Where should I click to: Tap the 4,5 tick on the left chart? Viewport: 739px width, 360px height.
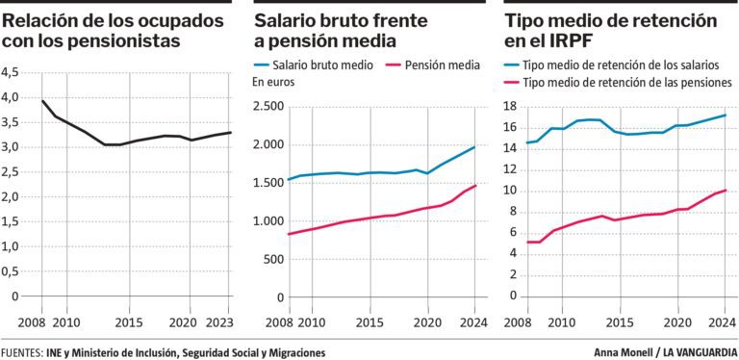click(x=10, y=72)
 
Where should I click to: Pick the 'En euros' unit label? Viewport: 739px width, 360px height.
click(x=273, y=82)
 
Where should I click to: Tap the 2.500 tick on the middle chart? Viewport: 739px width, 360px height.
click(x=269, y=107)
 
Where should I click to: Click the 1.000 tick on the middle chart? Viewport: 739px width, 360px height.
click(x=269, y=221)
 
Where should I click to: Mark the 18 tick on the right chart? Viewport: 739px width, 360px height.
click(x=511, y=107)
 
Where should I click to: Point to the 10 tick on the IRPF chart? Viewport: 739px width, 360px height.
click(x=511, y=192)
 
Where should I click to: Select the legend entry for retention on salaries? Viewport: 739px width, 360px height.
click(x=612, y=65)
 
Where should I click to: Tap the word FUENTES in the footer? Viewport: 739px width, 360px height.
click(x=22, y=352)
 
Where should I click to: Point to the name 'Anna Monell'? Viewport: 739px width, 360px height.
click(x=624, y=352)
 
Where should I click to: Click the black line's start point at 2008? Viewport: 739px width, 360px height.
click(x=42, y=101)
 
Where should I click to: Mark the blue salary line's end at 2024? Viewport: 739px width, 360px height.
click(x=475, y=147)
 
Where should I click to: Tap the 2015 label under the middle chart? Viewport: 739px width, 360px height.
click(x=369, y=323)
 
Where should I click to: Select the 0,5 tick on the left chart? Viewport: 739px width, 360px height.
click(x=10, y=271)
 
